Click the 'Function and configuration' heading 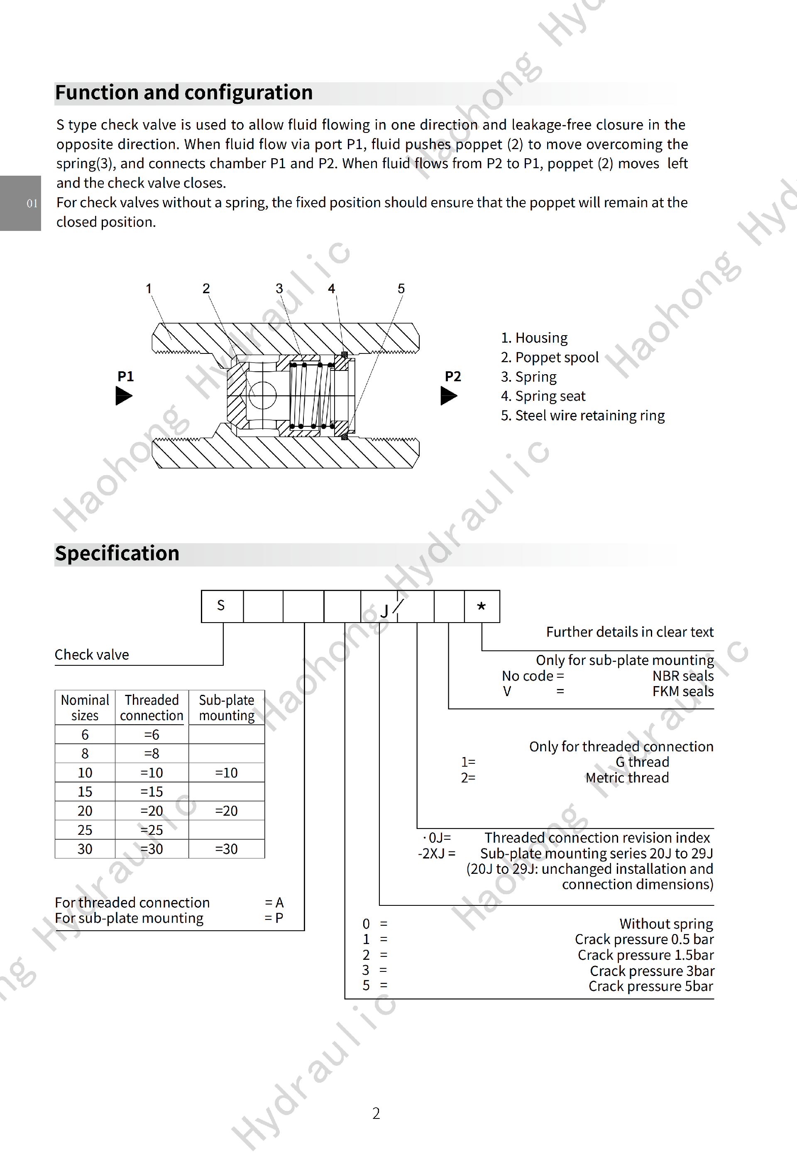[184, 93]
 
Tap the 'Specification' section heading [117, 554]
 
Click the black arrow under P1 [124, 397]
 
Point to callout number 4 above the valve [332, 289]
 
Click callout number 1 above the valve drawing [148, 289]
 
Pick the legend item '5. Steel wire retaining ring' [582, 416]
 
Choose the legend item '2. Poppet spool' [549, 358]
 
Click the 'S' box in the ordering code [221, 606]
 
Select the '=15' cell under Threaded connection [152, 792]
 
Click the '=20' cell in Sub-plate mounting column [226, 811]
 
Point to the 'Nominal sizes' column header [85, 707]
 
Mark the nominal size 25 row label [85, 830]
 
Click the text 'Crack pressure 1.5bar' [645, 955]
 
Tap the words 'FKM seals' [683, 692]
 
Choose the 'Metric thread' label [627, 778]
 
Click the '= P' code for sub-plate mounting [274, 918]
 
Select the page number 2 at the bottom [376, 1113]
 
